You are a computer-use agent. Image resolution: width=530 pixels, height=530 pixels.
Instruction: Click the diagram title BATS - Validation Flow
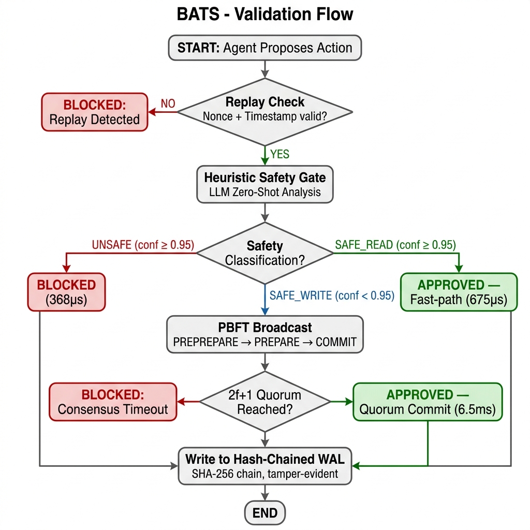click(265, 14)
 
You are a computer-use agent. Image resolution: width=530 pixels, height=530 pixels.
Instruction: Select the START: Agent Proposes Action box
click(265, 48)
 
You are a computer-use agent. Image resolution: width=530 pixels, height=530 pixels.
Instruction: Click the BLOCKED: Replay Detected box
click(94, 112)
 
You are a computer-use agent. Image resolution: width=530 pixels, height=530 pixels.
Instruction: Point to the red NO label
click(168, 104)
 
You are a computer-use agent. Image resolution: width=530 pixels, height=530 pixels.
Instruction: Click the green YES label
click(279, 154)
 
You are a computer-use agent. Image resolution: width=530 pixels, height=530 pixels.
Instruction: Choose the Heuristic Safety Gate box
click(265, 185)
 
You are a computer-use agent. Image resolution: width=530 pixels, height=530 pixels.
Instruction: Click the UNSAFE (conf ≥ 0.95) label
click(142, 245)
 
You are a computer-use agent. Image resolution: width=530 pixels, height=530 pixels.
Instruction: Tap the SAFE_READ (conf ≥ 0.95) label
click(395, 245)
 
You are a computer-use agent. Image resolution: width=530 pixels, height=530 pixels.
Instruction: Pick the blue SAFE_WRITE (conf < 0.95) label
click(332, 296)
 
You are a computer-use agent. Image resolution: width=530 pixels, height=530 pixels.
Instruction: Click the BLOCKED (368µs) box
click(66, 292)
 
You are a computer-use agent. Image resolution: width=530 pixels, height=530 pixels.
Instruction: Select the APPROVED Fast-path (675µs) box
click(459, 292)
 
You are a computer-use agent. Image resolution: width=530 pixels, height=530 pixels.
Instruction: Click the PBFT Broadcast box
click(265, 335)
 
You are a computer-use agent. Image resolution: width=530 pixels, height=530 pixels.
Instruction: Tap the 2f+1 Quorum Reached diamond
click(265, 402)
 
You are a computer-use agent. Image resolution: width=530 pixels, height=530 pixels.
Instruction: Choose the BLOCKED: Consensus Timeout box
click(113, 402)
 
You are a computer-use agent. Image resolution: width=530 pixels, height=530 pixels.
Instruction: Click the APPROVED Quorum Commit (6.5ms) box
click(428, 402)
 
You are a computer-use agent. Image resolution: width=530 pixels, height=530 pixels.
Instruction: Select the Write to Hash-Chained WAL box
click(265, 466)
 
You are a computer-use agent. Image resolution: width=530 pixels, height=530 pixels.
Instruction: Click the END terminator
click(265, 513)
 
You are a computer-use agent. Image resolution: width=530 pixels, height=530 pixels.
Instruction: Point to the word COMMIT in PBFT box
click(336, 342)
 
